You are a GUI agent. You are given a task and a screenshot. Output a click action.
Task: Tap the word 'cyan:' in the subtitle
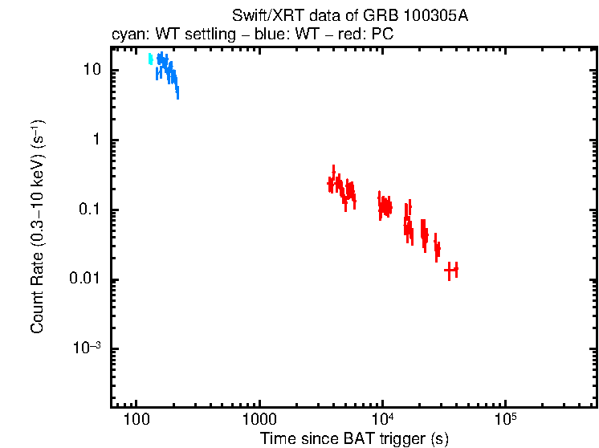pyautogui.click(x=128, y=35)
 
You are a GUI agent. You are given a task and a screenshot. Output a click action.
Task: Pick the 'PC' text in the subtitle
pyautogui.click(x=381, y=35)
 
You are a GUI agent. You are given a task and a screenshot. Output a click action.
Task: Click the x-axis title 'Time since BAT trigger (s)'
pyautogui.click(x=354, y=438)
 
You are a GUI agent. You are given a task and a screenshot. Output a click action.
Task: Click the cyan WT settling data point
pyautogui.click(x=150, y=59)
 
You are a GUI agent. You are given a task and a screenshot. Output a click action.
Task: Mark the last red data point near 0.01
pyautogui.click(x=451, y=270)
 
